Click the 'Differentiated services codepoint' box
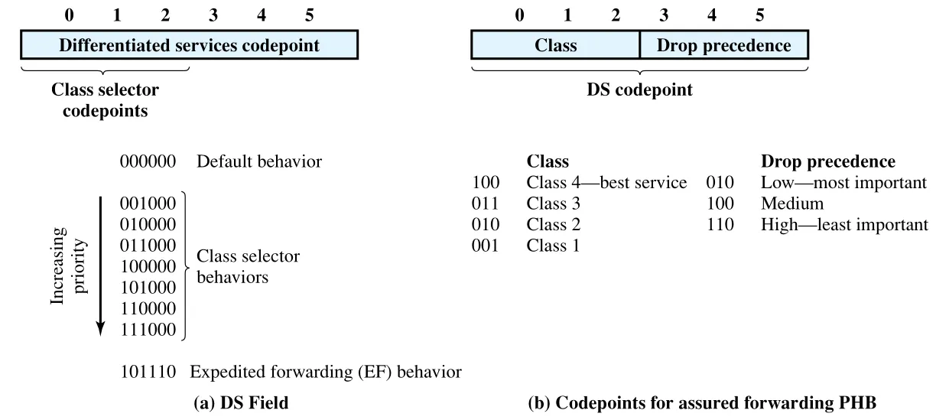pos(190,44)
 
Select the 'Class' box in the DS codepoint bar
pos(555,44)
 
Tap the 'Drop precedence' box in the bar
pos(724,44)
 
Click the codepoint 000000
pos(148,161)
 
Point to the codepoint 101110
pos(148,372)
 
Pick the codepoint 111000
pos(148,330)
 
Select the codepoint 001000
pos(148,203)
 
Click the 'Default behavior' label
pos(259,161)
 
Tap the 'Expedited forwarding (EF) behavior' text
pos(325,372)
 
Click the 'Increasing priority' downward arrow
pos(100,266)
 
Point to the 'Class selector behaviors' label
pos(248,266)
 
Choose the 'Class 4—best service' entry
pos(606,183)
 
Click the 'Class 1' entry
pos(553,246)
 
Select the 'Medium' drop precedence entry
pos(791,203)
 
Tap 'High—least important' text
pos(844,225)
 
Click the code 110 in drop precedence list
pos(720,225)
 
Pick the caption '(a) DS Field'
pos(241,402)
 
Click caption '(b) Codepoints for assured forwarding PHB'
pos(702,402)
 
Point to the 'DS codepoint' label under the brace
pos(639,90)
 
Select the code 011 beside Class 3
pos(485,203)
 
